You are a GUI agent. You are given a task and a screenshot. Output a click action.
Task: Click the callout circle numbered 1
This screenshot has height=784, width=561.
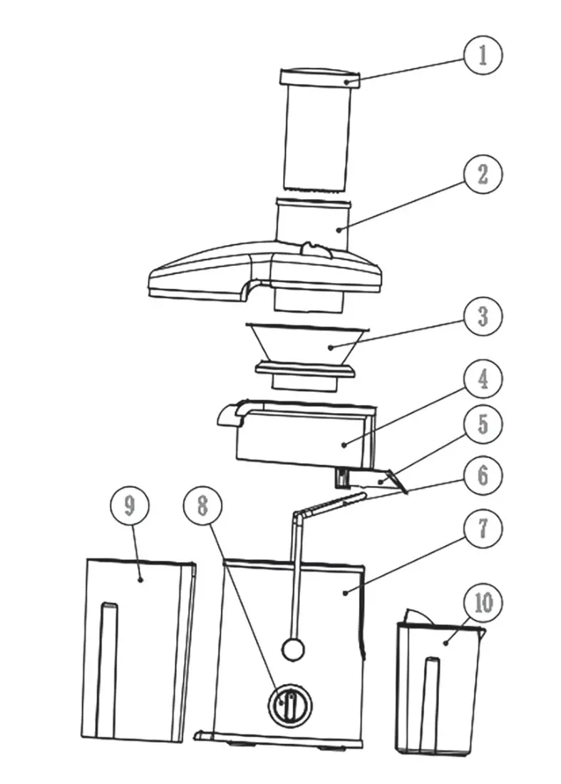(483, 55)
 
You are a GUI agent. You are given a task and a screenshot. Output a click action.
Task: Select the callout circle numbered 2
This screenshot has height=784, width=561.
(483, 175)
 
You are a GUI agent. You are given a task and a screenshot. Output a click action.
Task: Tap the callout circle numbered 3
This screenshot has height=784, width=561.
(483, 315)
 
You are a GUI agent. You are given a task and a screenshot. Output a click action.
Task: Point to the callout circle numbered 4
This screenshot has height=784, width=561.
(483, 379)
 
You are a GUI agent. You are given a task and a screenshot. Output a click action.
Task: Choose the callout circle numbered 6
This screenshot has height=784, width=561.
(483, 474)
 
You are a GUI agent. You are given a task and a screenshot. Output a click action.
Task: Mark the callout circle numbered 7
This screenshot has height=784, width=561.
(483, 529)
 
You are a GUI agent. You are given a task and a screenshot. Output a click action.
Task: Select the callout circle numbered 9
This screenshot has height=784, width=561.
(129, 505)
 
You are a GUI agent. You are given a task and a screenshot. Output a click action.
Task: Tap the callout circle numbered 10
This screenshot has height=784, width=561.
(483, 604)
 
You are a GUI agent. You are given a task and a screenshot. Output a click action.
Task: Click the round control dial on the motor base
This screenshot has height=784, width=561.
(289, 706)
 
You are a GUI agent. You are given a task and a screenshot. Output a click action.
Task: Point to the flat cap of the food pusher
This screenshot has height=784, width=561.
(319, 77)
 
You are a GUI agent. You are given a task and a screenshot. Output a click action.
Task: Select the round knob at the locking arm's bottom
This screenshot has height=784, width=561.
(293, 648)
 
